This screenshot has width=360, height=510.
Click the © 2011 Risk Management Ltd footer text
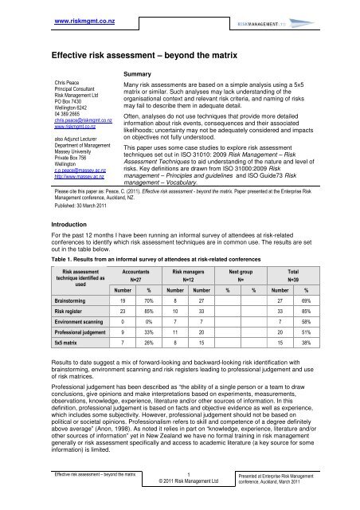coord(179,484)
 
